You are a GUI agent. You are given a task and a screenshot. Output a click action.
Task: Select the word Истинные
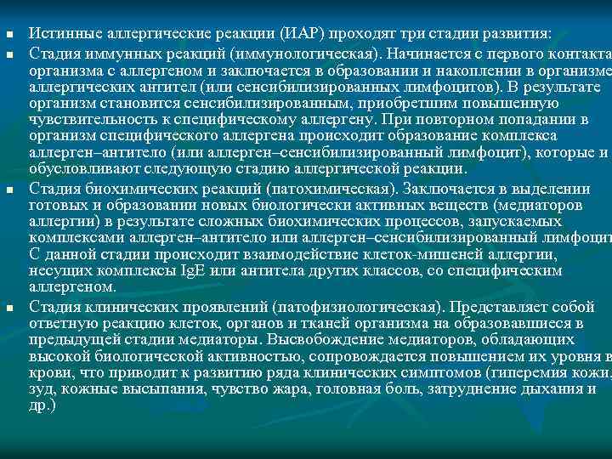click(x=63, y=35)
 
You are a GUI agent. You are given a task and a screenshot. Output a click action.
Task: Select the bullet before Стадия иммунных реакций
click(x=8, y=53)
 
